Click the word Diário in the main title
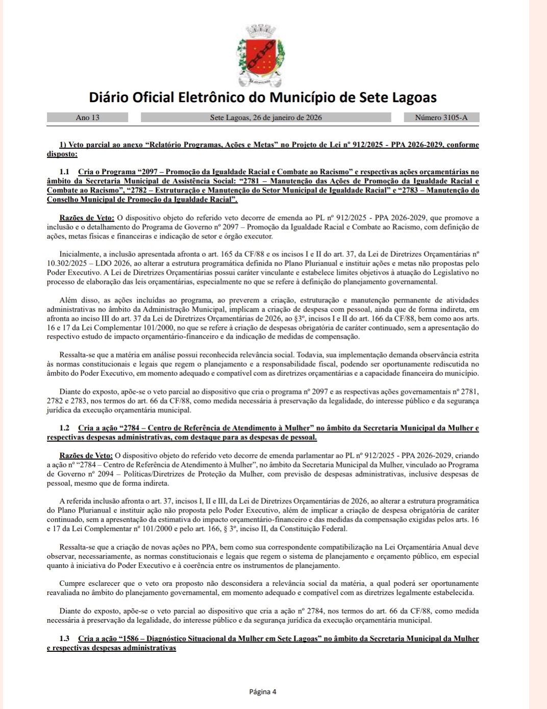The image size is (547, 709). point(108,97)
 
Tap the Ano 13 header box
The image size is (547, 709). point(87,117)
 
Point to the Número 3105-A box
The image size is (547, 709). point(441,117)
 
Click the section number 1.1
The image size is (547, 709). point(64,172)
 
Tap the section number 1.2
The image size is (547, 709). point(64,428)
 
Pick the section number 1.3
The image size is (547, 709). point(64,639)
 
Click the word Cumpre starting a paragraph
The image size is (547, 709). point(73,583)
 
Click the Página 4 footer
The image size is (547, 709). point(263,692)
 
